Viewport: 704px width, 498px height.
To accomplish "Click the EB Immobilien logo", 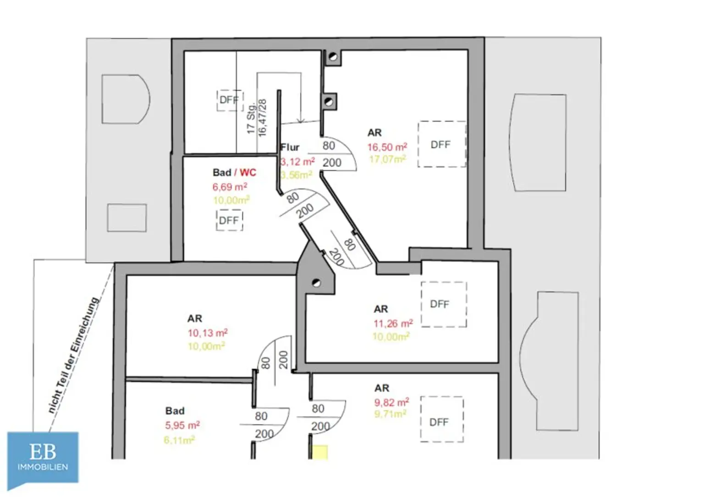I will [43, 458].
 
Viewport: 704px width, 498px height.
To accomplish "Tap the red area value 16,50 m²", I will [387, 148].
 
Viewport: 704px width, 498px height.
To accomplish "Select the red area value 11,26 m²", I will [393, 323].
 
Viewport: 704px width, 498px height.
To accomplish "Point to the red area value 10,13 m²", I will [207, 333].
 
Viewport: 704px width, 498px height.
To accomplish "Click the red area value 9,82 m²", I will [391, 402].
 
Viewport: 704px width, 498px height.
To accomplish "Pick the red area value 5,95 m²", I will [182, 425].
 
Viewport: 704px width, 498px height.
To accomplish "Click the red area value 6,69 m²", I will [230, 187].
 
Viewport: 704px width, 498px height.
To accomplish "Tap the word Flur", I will [290, 148].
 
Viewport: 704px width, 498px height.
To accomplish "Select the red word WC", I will [248, 173].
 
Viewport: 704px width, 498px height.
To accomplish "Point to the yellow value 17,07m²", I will [388, 159].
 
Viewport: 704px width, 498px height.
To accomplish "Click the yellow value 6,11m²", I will [179, 440].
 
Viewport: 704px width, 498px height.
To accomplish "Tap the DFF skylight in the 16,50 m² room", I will [441, 144].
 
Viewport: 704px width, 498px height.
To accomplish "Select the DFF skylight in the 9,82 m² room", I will [441, 419].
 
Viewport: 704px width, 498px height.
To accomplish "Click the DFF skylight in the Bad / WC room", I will [229, 220].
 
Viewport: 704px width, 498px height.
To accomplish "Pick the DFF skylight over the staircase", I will [229, 100].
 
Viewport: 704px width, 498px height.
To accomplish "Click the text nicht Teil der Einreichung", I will [73, 355].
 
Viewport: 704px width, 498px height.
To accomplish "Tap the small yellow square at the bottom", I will [319, 452].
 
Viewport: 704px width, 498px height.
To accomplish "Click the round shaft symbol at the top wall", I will [333, 57].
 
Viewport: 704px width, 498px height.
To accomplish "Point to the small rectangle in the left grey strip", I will [127, 218].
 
